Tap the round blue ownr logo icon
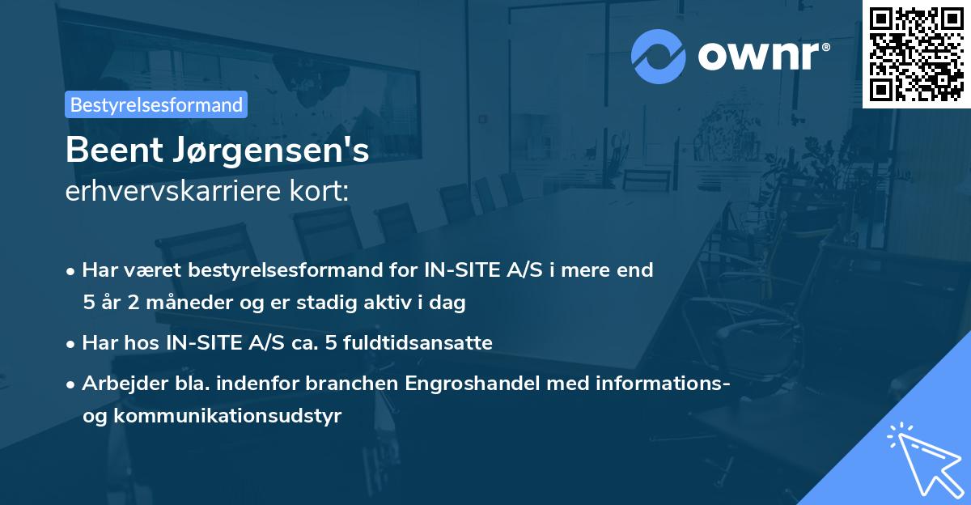coord(659,56)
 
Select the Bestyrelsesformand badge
coord(156,104)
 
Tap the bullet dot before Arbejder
coord(72,384)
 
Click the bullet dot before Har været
coord(72,271)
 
